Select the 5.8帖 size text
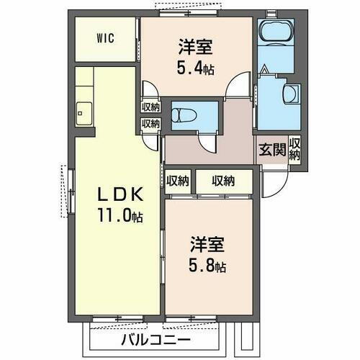(208, 267)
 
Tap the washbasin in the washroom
(291, 93)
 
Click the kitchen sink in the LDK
(82, 112)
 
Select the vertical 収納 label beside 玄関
(295, 149)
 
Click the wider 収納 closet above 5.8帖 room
(223, 181)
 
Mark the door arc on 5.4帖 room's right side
(235, 90)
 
